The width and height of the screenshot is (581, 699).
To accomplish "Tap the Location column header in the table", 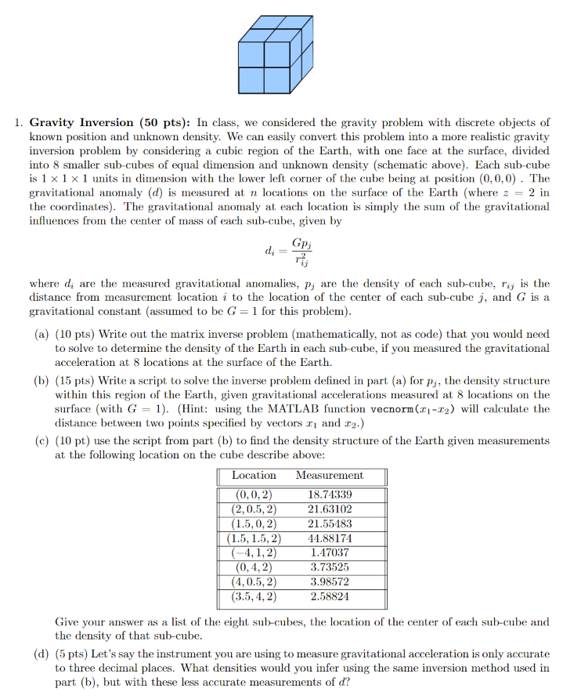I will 254,476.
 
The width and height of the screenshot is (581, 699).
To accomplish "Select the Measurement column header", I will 330,476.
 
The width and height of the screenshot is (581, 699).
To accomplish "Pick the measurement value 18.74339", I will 330,495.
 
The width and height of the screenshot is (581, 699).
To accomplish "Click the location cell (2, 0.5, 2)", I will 254,509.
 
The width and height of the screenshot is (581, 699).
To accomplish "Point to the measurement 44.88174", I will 330,538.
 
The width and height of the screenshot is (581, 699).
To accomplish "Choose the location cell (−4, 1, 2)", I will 254,552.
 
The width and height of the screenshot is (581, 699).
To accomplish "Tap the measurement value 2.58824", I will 330,596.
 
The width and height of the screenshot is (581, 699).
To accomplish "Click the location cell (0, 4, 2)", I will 254,567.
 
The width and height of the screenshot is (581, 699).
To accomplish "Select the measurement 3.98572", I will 330,581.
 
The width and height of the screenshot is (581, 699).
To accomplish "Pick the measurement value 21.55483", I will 330,523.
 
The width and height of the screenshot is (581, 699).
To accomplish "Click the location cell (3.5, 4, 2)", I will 254,596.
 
